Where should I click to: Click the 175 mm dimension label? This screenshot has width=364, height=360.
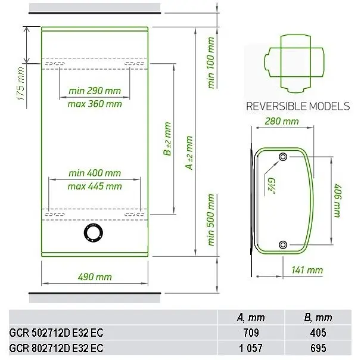(21, 83)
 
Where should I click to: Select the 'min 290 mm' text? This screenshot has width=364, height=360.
(95, 91)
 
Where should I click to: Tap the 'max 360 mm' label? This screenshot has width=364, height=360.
(95, 104)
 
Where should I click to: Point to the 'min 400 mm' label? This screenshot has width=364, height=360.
(95, 173)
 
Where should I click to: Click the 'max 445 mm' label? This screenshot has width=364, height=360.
(95, 186)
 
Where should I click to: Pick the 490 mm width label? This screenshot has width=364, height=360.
(95, 277)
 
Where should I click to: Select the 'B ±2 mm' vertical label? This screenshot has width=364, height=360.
(167, 139)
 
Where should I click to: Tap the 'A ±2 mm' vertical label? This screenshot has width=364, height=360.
(189, 153)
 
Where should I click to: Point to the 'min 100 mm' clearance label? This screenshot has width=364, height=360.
(211, 63)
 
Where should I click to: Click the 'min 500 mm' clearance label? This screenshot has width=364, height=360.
(211, 219)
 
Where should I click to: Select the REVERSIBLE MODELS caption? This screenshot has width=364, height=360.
(298, 106)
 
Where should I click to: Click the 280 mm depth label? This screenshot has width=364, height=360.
(282, 121)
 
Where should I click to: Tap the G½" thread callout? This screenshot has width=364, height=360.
(270, 187)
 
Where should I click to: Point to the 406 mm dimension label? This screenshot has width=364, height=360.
(338, 200)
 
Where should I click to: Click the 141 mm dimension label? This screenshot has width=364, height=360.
(307, 270)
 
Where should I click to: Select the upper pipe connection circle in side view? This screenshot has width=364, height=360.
(283, 157)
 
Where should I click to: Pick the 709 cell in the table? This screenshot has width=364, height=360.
(251, 333)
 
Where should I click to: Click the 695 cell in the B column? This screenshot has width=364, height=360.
(318, 348)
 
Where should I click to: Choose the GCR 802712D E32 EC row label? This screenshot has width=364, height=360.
(56, 348)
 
